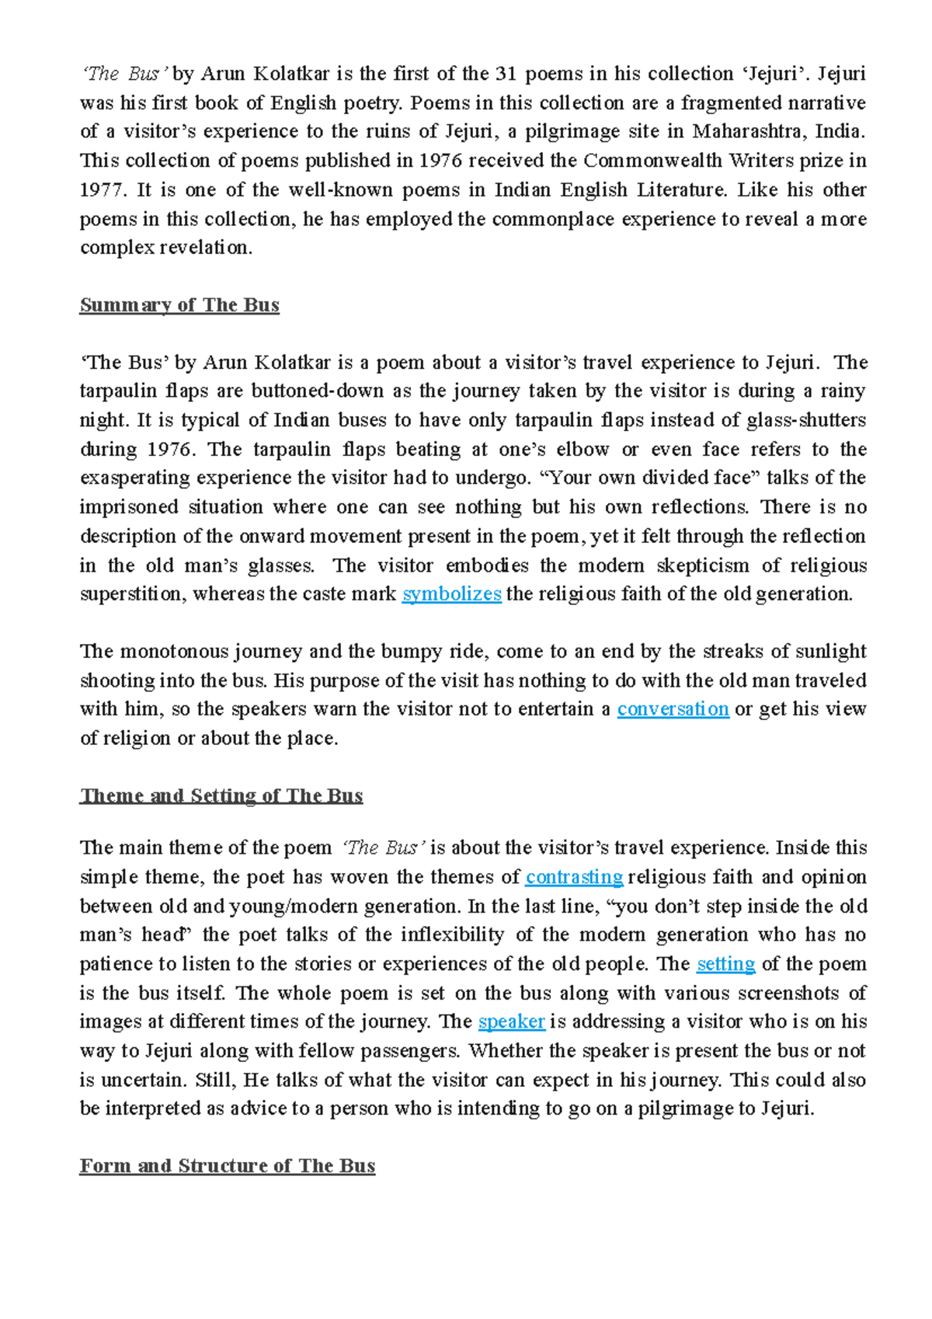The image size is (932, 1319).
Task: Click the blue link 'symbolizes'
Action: (451, 594)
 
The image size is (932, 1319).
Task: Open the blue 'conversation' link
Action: (673, 709)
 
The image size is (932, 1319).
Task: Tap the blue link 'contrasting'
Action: (574, 877)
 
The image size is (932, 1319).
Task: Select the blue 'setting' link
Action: (725, 964)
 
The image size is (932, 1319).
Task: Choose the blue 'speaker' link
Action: (512, 1021)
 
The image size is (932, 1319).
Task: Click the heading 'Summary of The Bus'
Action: (179, 305)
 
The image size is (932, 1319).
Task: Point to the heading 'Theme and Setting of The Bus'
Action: (221, 795)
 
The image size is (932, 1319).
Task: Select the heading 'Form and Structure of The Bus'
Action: (228, 1166)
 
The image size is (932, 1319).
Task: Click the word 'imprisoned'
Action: (129, 507)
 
